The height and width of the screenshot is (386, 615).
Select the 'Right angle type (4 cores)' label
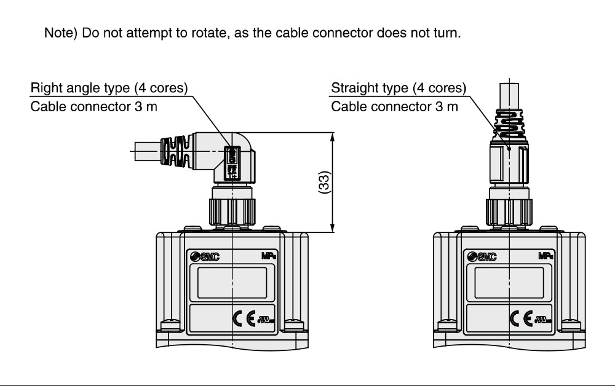(x=109, y=88)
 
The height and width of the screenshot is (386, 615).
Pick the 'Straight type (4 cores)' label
(x=399, y=88)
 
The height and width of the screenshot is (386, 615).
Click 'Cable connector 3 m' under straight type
(x=395, y=106)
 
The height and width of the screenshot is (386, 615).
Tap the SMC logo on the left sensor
(x=204, y=257)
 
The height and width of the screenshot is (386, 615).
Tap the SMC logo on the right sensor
(x=482, y=257)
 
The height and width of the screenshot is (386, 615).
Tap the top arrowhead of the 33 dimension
(x=333, y=136)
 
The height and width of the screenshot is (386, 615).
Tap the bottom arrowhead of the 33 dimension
(x=333, y=228)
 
